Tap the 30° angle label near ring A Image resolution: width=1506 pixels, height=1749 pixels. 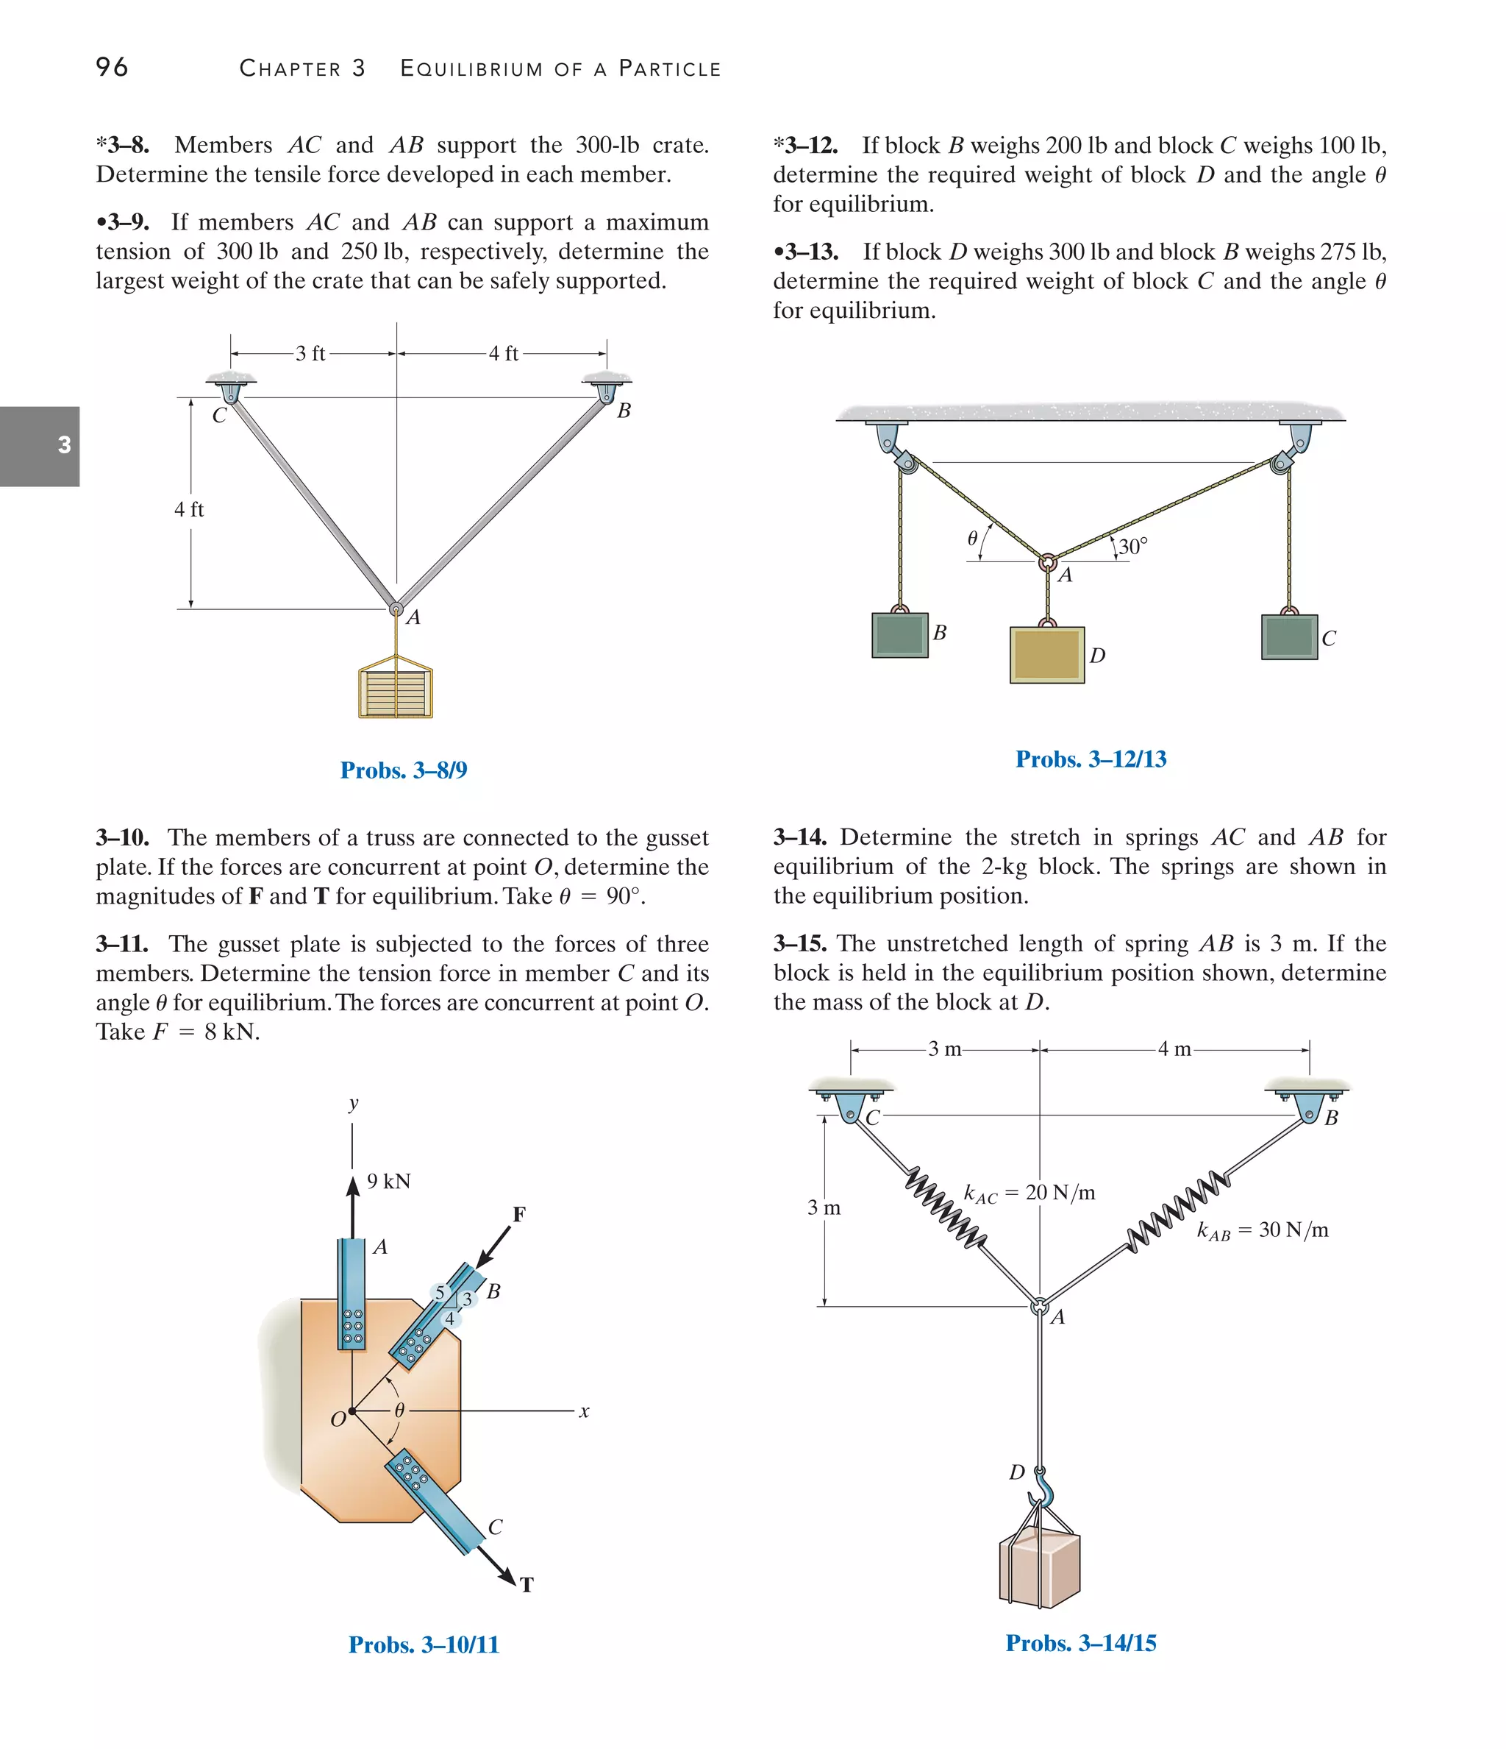click(1132, 547)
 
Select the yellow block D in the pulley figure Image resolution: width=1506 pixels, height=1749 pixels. click(1047, 655)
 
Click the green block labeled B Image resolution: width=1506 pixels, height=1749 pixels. click(899, 635)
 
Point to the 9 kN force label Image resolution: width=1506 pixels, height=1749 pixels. click(389, 1182)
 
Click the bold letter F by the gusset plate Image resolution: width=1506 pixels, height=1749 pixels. click(519, 1215)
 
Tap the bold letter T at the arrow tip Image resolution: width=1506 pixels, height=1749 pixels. click(527, 1585)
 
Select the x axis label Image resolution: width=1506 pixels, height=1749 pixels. click(584, 1411)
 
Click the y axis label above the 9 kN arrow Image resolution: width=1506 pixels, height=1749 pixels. click(354, 1103)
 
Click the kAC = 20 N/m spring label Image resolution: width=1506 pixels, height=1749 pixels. click(1029, 1193)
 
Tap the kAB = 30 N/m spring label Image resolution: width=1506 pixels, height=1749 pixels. click(1262, 1231)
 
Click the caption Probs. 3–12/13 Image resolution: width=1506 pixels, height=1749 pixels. click(1090, 759)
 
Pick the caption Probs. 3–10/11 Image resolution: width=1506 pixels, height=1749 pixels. click(424, 1645)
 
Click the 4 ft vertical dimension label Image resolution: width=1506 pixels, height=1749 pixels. click(189, 510)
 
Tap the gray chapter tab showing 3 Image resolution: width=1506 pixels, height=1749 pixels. click(40, 446)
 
